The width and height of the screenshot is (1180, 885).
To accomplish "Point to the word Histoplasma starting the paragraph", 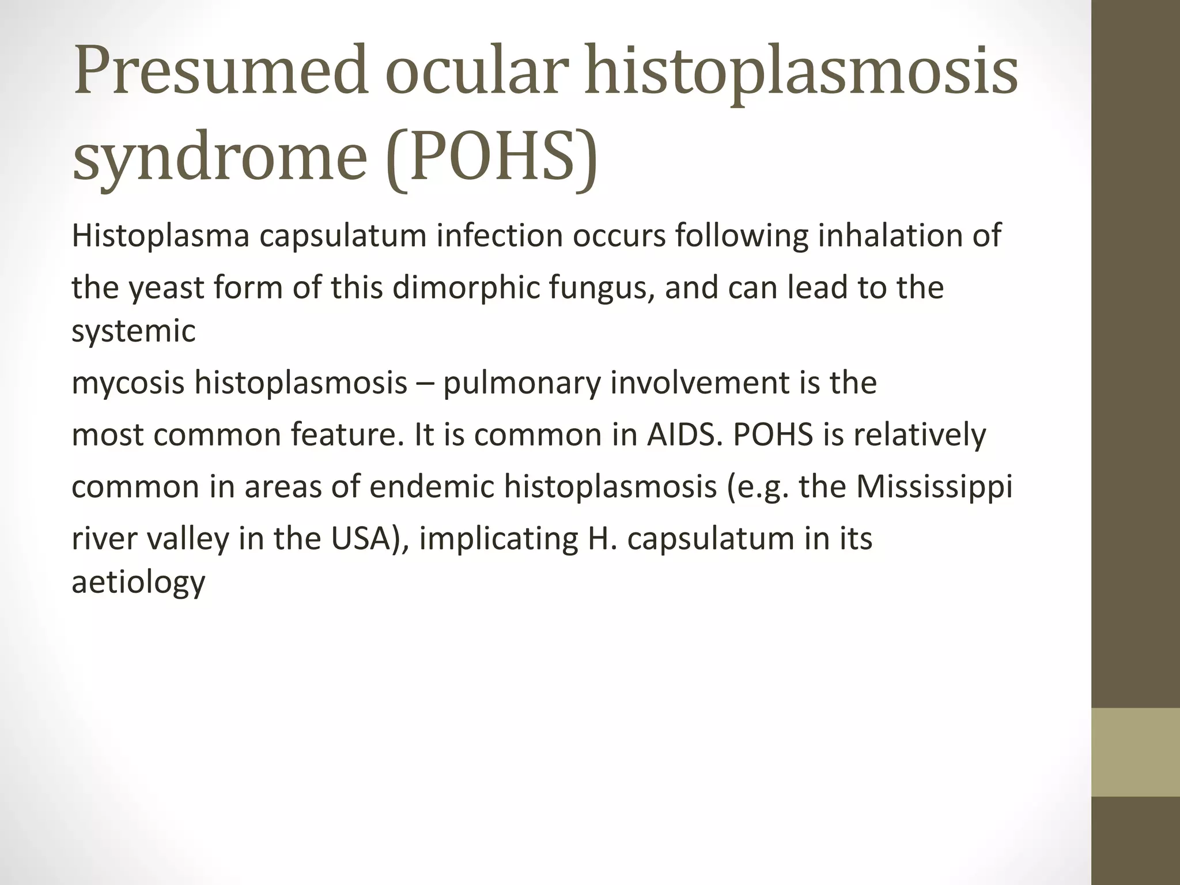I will (x=160, y=236).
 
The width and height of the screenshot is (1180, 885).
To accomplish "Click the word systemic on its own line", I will (x=134, y=331).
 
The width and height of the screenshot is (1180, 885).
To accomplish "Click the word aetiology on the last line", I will (x=138, y=582).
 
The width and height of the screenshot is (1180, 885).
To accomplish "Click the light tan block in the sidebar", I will (x=1135, y=752).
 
